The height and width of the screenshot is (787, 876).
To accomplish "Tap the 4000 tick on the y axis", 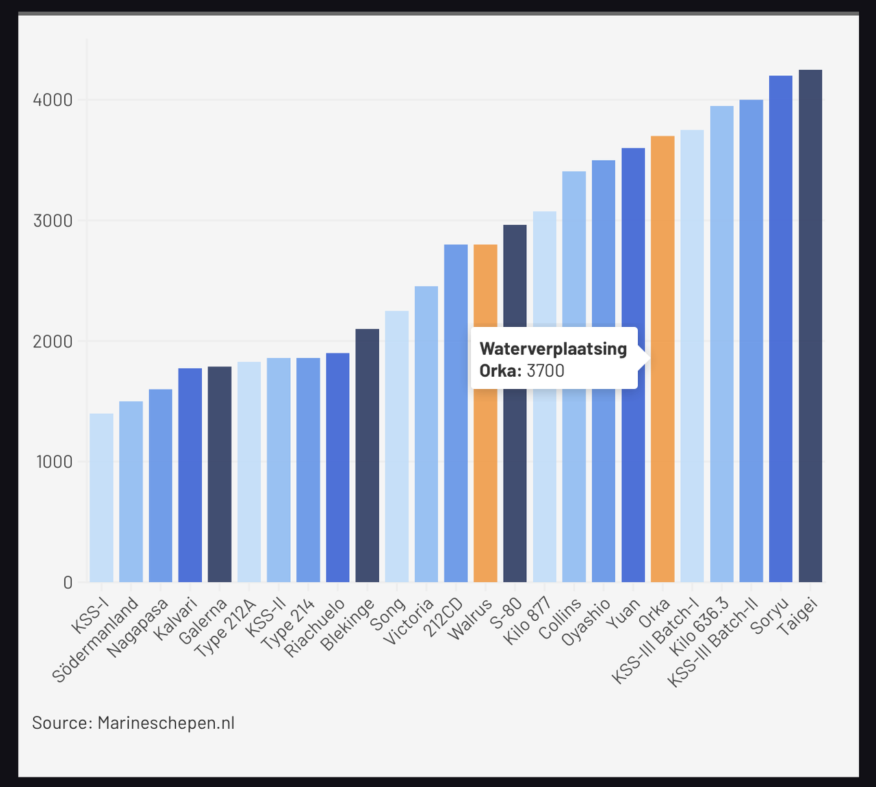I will (x=53, y=101).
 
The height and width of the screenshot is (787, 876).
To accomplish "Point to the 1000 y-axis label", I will (x=53, y=462).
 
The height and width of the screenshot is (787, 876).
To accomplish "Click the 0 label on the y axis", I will (x=68, y=583).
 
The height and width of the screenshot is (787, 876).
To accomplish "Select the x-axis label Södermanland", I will (x=96, y=640).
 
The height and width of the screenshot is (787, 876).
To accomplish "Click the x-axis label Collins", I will (x=560, y=618).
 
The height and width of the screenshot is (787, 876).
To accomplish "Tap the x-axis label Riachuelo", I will (x=315, y=628).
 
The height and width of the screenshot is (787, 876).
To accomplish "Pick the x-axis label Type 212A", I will (x=226, y=628).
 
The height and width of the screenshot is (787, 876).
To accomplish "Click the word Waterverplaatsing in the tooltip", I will (x=553, y=349).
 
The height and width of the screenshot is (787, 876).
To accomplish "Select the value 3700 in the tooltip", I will (x=545, y=371).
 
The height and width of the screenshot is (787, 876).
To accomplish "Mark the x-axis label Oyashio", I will (x=586, y=622).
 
